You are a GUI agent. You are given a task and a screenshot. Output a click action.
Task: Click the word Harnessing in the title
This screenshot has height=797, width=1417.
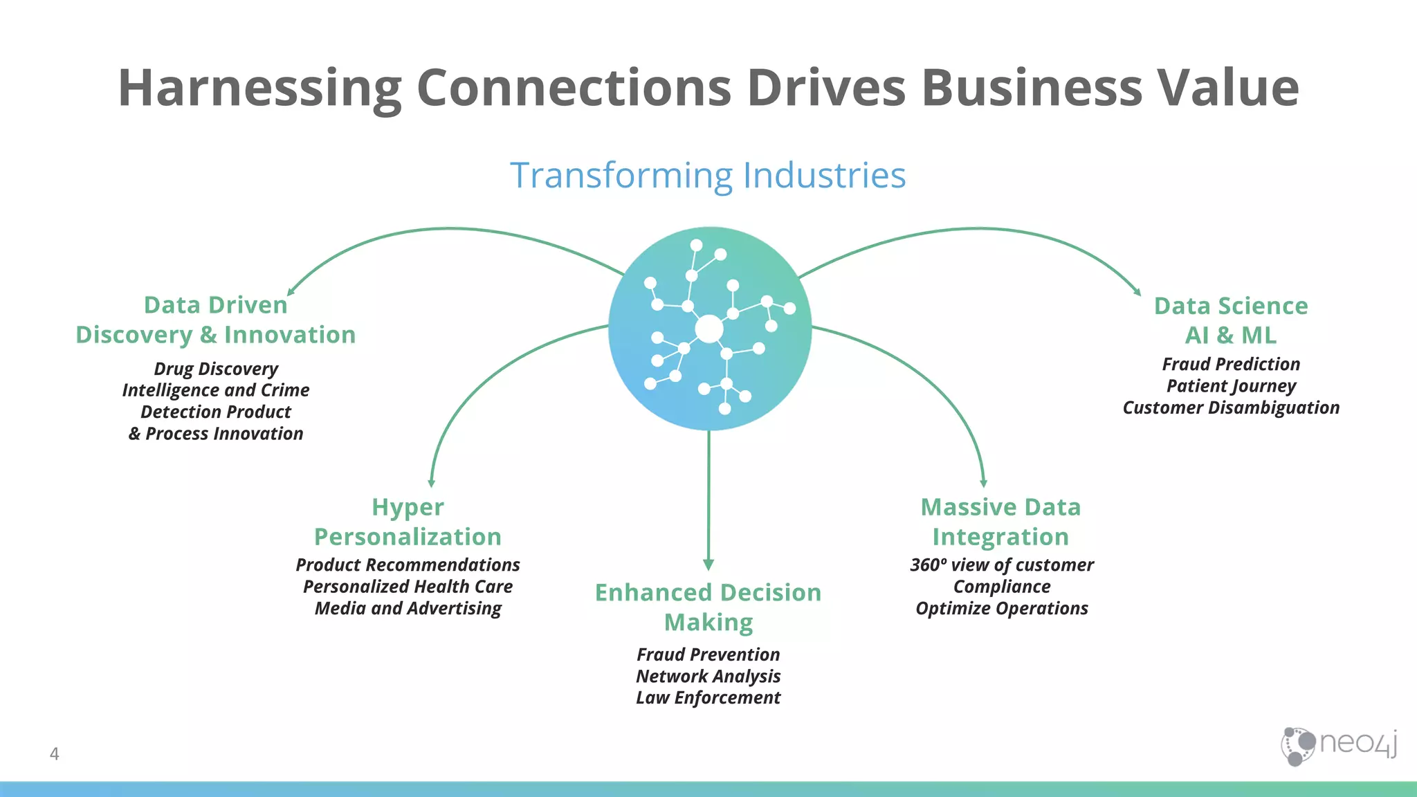coord(259,89)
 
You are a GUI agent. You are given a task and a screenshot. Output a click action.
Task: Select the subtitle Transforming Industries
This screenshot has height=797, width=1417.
coord(708,175)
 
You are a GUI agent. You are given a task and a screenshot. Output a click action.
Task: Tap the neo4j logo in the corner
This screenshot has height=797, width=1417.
coord(1339,745)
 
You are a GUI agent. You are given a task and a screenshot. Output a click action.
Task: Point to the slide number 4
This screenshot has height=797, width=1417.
coord(55,753)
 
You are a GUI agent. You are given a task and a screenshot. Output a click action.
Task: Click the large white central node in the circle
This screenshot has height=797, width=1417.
coord(709,329)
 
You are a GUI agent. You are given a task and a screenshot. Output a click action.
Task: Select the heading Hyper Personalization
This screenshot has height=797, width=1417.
coord(408,522)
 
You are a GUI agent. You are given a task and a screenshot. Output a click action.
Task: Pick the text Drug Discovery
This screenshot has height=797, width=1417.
coord(216,369)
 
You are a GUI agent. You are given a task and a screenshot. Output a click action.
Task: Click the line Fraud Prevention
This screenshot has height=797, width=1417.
coord(708,654)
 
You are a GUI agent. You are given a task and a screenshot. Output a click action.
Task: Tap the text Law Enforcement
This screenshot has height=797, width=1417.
coord(708,697)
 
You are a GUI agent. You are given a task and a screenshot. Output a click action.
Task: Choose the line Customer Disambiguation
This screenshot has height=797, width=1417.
coord(1231,407)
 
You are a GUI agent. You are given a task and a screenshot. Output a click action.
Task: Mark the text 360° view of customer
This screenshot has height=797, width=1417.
coord(1001,565)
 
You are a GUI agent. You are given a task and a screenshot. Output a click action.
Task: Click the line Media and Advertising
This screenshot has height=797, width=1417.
coord(408,608)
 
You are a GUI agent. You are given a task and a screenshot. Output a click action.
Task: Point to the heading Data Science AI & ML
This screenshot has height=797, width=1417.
coord(1231,320)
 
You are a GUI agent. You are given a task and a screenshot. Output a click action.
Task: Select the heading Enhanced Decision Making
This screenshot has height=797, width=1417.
coord(708,607)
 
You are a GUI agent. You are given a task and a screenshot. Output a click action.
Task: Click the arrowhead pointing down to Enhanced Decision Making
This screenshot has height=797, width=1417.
coord(708,565)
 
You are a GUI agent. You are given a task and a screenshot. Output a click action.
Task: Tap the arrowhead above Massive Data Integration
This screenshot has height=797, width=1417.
coord(983,483)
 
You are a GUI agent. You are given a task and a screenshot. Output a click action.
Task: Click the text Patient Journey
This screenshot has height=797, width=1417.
coord(1231,385)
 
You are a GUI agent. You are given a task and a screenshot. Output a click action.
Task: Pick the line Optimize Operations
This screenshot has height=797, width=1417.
coord(1001,608)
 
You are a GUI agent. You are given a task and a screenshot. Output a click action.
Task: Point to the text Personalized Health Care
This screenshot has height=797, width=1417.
coord(408,587)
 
